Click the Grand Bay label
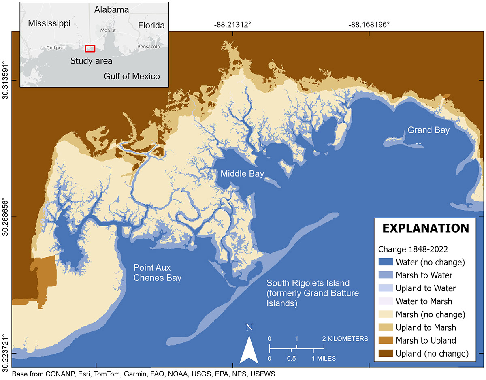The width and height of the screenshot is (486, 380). [428, 130]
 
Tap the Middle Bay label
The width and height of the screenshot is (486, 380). [242, 174]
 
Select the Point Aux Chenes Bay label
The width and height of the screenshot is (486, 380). [158, 273]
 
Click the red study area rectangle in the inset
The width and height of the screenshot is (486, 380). [90, 48]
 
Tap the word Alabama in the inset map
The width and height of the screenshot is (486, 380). [112, 9]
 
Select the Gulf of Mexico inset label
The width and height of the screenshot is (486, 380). [132, 76]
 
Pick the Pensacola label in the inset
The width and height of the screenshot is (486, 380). [149, 47]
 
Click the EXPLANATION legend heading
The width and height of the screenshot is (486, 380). [426, 228]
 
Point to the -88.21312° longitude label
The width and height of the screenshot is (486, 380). [233, 25]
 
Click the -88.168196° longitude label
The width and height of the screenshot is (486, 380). [369, 25]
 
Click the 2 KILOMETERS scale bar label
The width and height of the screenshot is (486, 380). [345, 338]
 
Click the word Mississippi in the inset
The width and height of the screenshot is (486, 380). [49, 23]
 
